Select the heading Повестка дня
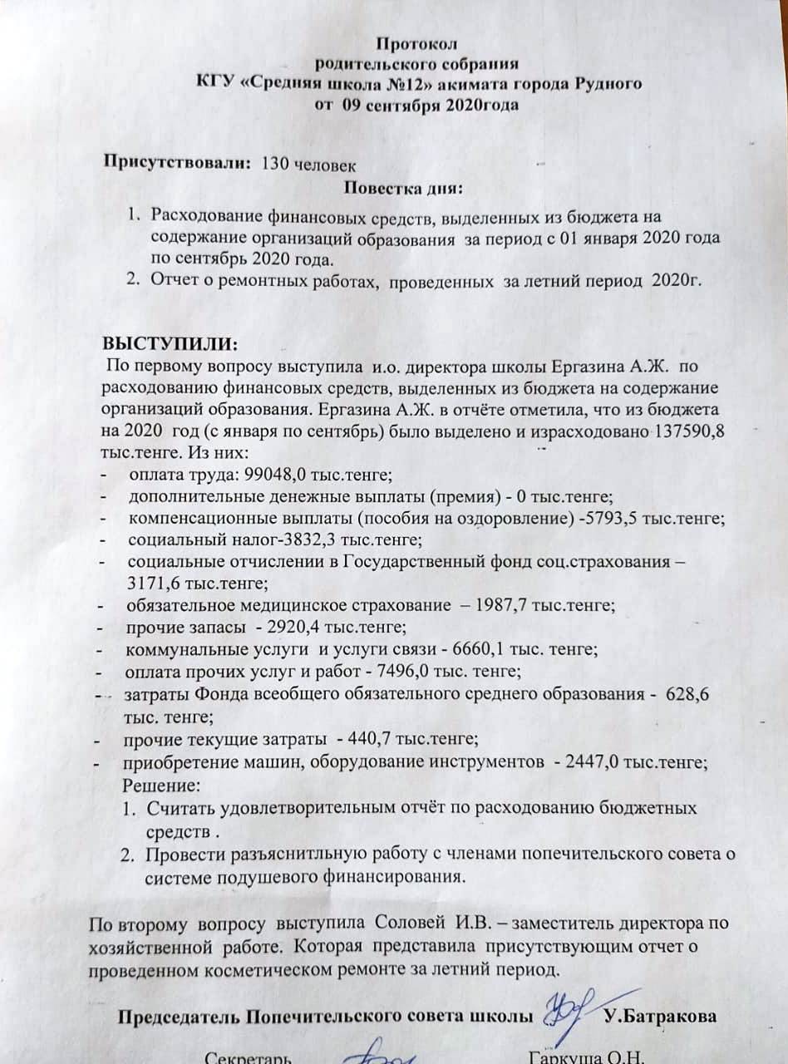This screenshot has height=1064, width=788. [x=403, y=187]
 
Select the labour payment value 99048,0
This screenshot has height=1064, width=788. [x=276, y=475]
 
